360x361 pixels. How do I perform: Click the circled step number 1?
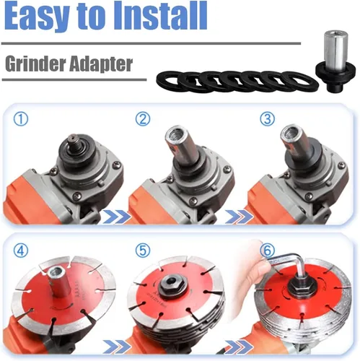coord(21,119)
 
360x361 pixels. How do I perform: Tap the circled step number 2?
coord(143,119)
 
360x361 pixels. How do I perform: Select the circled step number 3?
coord(268,119)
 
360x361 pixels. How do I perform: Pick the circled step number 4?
coord(21,250)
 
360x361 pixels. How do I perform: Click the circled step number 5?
coord(143,250)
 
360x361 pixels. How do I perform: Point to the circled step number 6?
coord(268,251)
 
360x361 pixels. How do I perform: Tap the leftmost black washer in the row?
coord(168,81)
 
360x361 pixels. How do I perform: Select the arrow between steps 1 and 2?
coord(117,216)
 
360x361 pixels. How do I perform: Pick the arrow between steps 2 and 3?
coord(239,216)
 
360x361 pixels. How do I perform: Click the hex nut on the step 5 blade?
coord(172,286)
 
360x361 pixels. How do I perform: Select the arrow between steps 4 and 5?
coord(117,347)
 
